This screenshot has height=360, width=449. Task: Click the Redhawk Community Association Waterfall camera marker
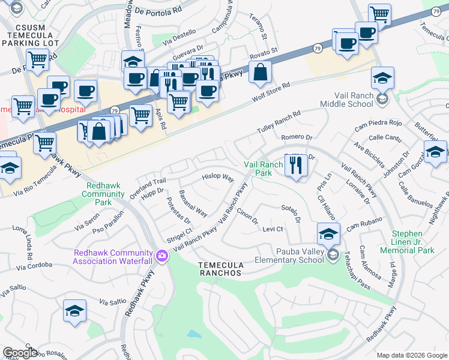[x=161, y=257]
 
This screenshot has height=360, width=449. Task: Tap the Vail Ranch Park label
[x=263, y=169]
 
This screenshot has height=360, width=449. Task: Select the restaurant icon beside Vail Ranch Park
[x=295, y=166]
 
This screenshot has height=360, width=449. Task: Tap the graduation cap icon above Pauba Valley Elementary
[x=328, y=233]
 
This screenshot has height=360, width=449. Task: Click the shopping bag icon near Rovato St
[x=259, y=73]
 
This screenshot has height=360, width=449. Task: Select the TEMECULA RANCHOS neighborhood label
[x=221, y=269]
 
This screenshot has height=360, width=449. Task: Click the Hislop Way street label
[x=218, y=178]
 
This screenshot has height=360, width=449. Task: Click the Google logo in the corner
[x=20, y=353]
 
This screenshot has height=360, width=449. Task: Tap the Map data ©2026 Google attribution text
[x=412, y=355]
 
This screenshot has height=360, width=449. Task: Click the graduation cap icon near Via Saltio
[x=74, y=311]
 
